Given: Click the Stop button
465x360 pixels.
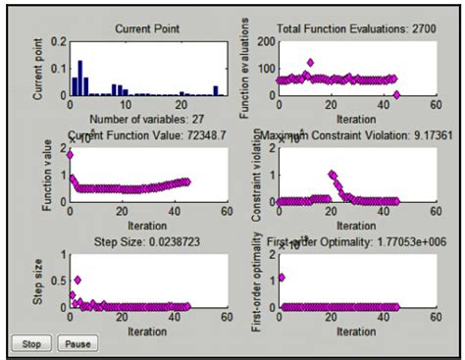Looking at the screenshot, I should (29, 344).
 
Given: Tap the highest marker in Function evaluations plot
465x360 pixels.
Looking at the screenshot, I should (311, 63).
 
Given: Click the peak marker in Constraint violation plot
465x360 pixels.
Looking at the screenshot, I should (332, 176).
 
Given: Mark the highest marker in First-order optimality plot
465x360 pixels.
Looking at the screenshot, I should (282, 278).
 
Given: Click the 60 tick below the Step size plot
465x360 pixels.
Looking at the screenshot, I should (226, 320).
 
